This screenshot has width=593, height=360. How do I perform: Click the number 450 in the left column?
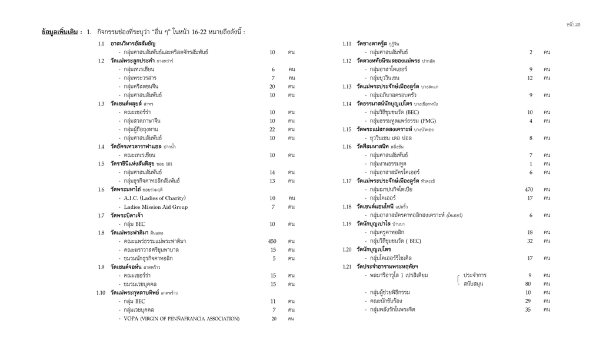272,241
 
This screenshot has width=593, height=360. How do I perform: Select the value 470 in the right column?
529,189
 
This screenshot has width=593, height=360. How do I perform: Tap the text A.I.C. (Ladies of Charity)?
152,198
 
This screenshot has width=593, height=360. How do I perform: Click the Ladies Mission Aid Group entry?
155,207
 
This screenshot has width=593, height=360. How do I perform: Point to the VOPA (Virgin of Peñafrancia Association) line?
181,319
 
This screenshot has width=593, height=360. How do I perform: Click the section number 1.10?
102,292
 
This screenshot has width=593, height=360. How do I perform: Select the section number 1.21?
348,266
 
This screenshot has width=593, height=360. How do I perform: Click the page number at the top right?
573,24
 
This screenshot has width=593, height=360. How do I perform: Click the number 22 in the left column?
272,129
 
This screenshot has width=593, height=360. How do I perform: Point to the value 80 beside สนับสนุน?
528,284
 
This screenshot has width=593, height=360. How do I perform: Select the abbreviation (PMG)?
425,121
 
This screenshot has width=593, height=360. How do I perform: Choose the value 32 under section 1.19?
529,241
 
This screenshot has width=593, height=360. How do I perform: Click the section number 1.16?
348,146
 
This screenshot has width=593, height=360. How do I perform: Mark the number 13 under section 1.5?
272,181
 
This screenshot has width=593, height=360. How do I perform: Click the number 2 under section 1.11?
531,52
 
